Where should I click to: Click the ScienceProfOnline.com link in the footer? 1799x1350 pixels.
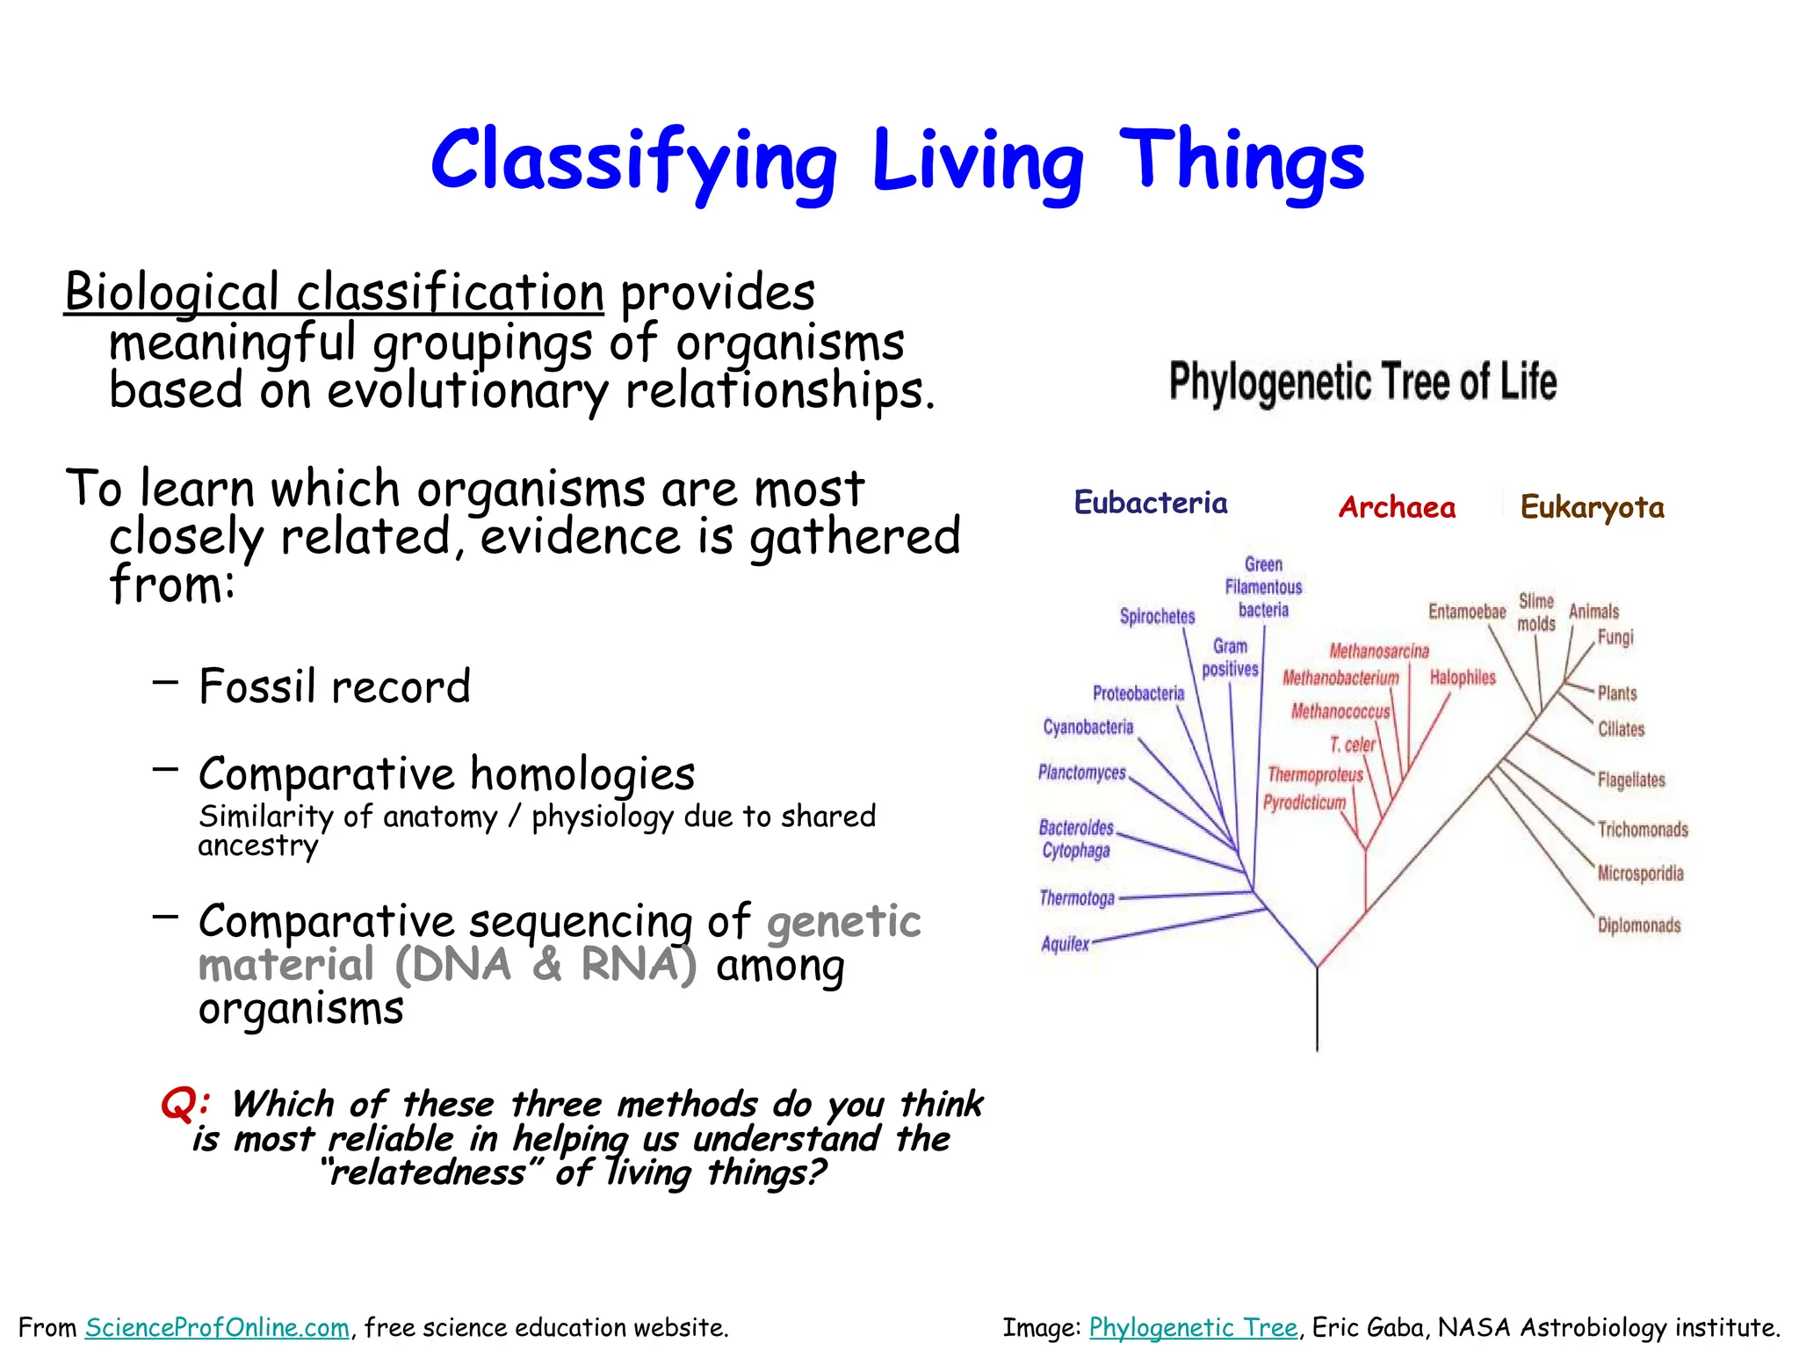pos(217,1327)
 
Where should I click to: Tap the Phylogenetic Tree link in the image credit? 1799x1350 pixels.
pos(1193,1327)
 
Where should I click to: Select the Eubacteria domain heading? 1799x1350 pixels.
pos(1151,503)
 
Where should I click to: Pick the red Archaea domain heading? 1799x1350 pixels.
pos(1397,507)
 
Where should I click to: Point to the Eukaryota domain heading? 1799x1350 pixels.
pos(1592,507)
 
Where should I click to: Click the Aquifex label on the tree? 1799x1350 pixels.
pos(1065,944)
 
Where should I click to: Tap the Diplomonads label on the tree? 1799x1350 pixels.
pos(1638,925)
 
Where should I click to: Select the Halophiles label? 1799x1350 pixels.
pos(1463,678)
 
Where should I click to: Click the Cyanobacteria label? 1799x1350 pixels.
pos(1087,727)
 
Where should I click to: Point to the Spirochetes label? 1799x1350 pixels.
pos(1157,616)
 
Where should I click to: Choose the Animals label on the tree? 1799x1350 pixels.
pos(1593,612)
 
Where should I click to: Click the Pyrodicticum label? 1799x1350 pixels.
pos(1304,802)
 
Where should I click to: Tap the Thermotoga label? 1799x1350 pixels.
pos(1077,898)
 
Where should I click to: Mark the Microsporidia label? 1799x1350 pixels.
pos(1640,874)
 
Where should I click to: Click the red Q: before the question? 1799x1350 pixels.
pos(184,1103)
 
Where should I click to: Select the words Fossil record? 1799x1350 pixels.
pos(335,686)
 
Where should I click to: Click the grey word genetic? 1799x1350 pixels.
pos(843,921)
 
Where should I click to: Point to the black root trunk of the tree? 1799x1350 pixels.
pos(1317,1011)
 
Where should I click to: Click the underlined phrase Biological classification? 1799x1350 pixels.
pos(334,293)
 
